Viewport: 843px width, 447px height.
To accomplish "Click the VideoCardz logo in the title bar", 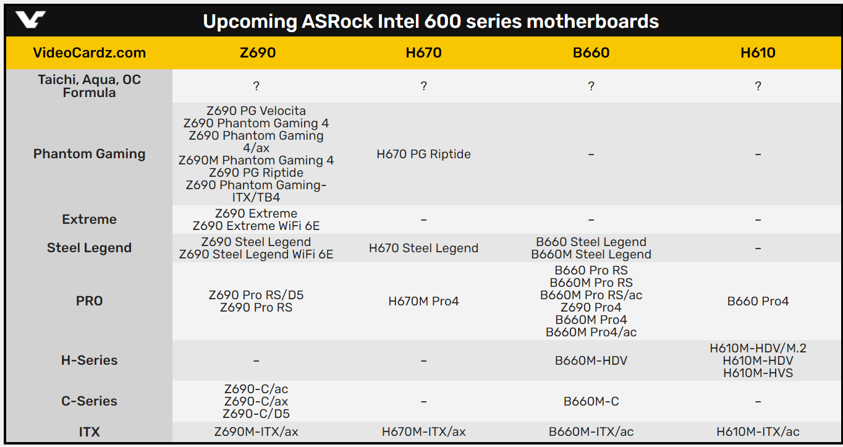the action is tap(30, 20).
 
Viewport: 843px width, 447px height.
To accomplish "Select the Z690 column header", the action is tap(258, 53).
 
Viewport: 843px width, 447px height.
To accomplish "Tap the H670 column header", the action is tap(423, 53).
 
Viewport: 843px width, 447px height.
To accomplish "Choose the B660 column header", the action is tap(591, 53).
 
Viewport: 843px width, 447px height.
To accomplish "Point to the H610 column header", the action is tap(758, 53).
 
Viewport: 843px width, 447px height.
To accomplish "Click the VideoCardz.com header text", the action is tap(89, 53).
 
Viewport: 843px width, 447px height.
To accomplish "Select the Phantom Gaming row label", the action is tap(89, 154).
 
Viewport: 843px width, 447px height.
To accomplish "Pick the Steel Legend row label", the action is tap(89, 248).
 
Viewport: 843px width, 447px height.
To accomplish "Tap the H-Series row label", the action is tap(89, 360).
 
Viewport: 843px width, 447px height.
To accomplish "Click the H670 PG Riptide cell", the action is tap(423, 154).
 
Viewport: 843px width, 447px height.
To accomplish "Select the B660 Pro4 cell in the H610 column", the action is tap(758, 301).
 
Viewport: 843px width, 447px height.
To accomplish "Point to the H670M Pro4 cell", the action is tap(423, 301).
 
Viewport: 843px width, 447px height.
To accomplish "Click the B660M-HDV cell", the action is tap(591, 361).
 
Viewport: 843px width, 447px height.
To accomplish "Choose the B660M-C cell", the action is tap(591, 401).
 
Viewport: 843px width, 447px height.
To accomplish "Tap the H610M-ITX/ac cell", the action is tap(758, 432).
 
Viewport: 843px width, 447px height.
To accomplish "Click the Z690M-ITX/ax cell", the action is tap(256, 432).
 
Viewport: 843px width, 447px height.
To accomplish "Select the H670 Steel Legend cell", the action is tap(423, 248).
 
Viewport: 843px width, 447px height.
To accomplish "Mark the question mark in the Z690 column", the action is tap(256, 86).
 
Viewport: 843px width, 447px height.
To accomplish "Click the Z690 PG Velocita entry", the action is tap(256, 111).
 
